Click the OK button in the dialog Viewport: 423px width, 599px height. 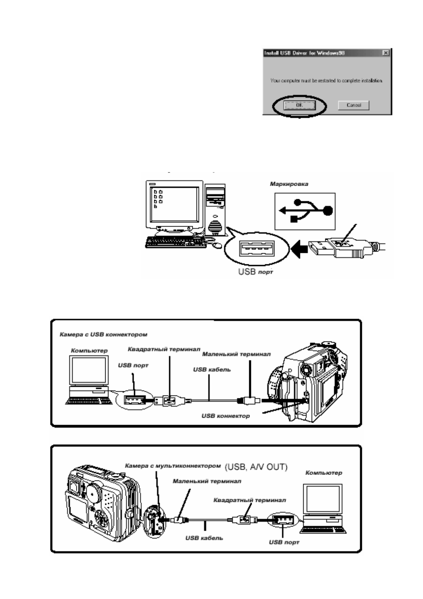click(x=299, y=105)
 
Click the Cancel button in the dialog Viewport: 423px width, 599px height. click(x=353, y=105)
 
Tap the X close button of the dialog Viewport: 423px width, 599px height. click(x=386, y=53)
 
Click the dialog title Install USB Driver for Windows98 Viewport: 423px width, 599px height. click(x=304, y=53)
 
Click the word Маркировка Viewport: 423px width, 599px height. click(x=289, y=184)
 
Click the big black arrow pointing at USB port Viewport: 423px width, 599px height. click(x=299, y=249)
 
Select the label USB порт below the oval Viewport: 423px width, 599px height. click(x=256, y=272)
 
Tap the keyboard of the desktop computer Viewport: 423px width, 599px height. click(x=171, y=242)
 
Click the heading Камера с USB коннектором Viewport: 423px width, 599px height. click(x=103, y=335)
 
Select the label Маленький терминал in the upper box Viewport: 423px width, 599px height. click(x=236, y=354)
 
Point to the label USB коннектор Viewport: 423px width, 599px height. click(x=225, y=415)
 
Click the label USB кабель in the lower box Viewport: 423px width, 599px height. click(x=204, y=538)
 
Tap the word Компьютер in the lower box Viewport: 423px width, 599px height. click(x=323, y=473)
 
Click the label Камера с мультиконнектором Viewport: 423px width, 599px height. click(x=173, y=466)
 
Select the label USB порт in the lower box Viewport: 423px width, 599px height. click(x=284, y=542)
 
